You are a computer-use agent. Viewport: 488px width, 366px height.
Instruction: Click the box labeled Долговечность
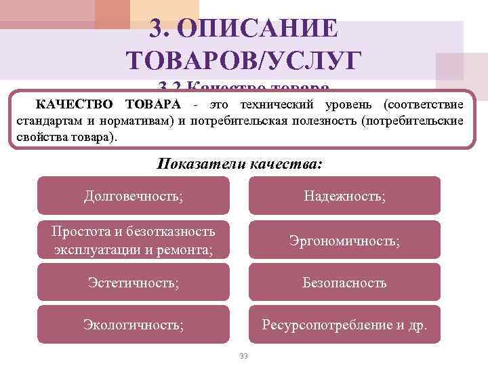pos(133,196)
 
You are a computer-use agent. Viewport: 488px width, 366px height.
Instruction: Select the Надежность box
pos(345,196)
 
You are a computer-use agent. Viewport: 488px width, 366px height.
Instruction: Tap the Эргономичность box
pos(345,240)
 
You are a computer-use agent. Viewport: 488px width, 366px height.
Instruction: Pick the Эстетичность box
pos(133,283)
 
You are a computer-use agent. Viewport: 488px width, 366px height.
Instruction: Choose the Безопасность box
pos(345,283)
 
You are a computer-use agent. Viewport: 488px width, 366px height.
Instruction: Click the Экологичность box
pos(133,325)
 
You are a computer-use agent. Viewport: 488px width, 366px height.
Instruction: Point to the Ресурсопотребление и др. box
pos(345,325)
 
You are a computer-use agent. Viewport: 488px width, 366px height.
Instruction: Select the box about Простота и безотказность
pos(133,240)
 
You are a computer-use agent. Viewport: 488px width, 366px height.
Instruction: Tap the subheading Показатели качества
pos(240,164)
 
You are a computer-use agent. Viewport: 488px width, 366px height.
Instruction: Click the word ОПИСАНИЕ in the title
pos(270,29)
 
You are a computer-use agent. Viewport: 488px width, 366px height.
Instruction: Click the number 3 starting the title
pos(156,29)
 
